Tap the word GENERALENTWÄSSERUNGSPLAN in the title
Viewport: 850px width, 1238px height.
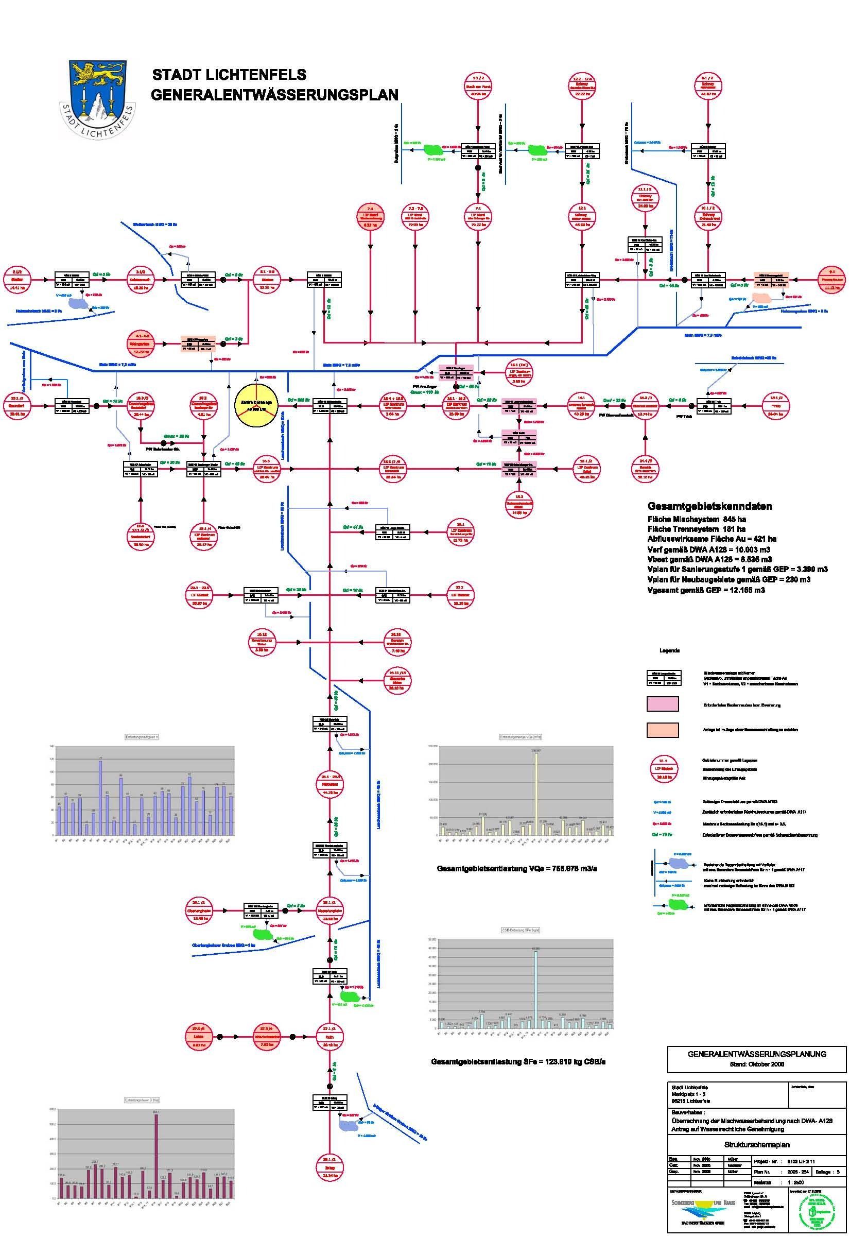[x=274, y=95]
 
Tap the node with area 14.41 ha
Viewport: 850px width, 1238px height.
[x=17, y=279]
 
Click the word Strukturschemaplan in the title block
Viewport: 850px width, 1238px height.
[x=757, y=1144]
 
